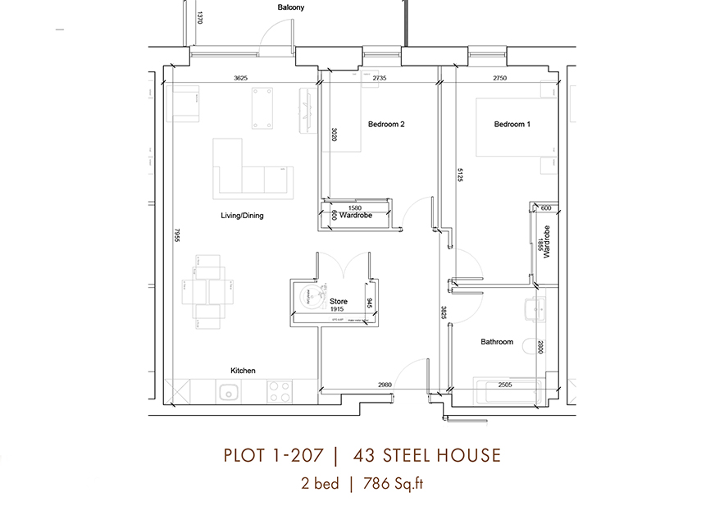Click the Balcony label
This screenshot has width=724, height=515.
(290, 7)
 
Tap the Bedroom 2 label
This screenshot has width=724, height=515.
(386, 125)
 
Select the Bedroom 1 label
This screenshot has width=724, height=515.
(512, 125)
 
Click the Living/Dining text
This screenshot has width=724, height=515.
(242, 216)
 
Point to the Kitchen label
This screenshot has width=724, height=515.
(243, 371)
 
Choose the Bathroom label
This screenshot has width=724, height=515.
(497, 342)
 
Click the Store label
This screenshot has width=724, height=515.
(339, 302)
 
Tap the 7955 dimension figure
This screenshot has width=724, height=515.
(175, 235)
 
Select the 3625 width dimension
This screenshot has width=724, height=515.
(240, 79)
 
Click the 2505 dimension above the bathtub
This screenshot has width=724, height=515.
(504, 384)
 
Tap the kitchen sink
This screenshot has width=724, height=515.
(227, 392)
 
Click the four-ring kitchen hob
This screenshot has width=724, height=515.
(279, 391)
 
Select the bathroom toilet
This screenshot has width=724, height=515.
(530, 309)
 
